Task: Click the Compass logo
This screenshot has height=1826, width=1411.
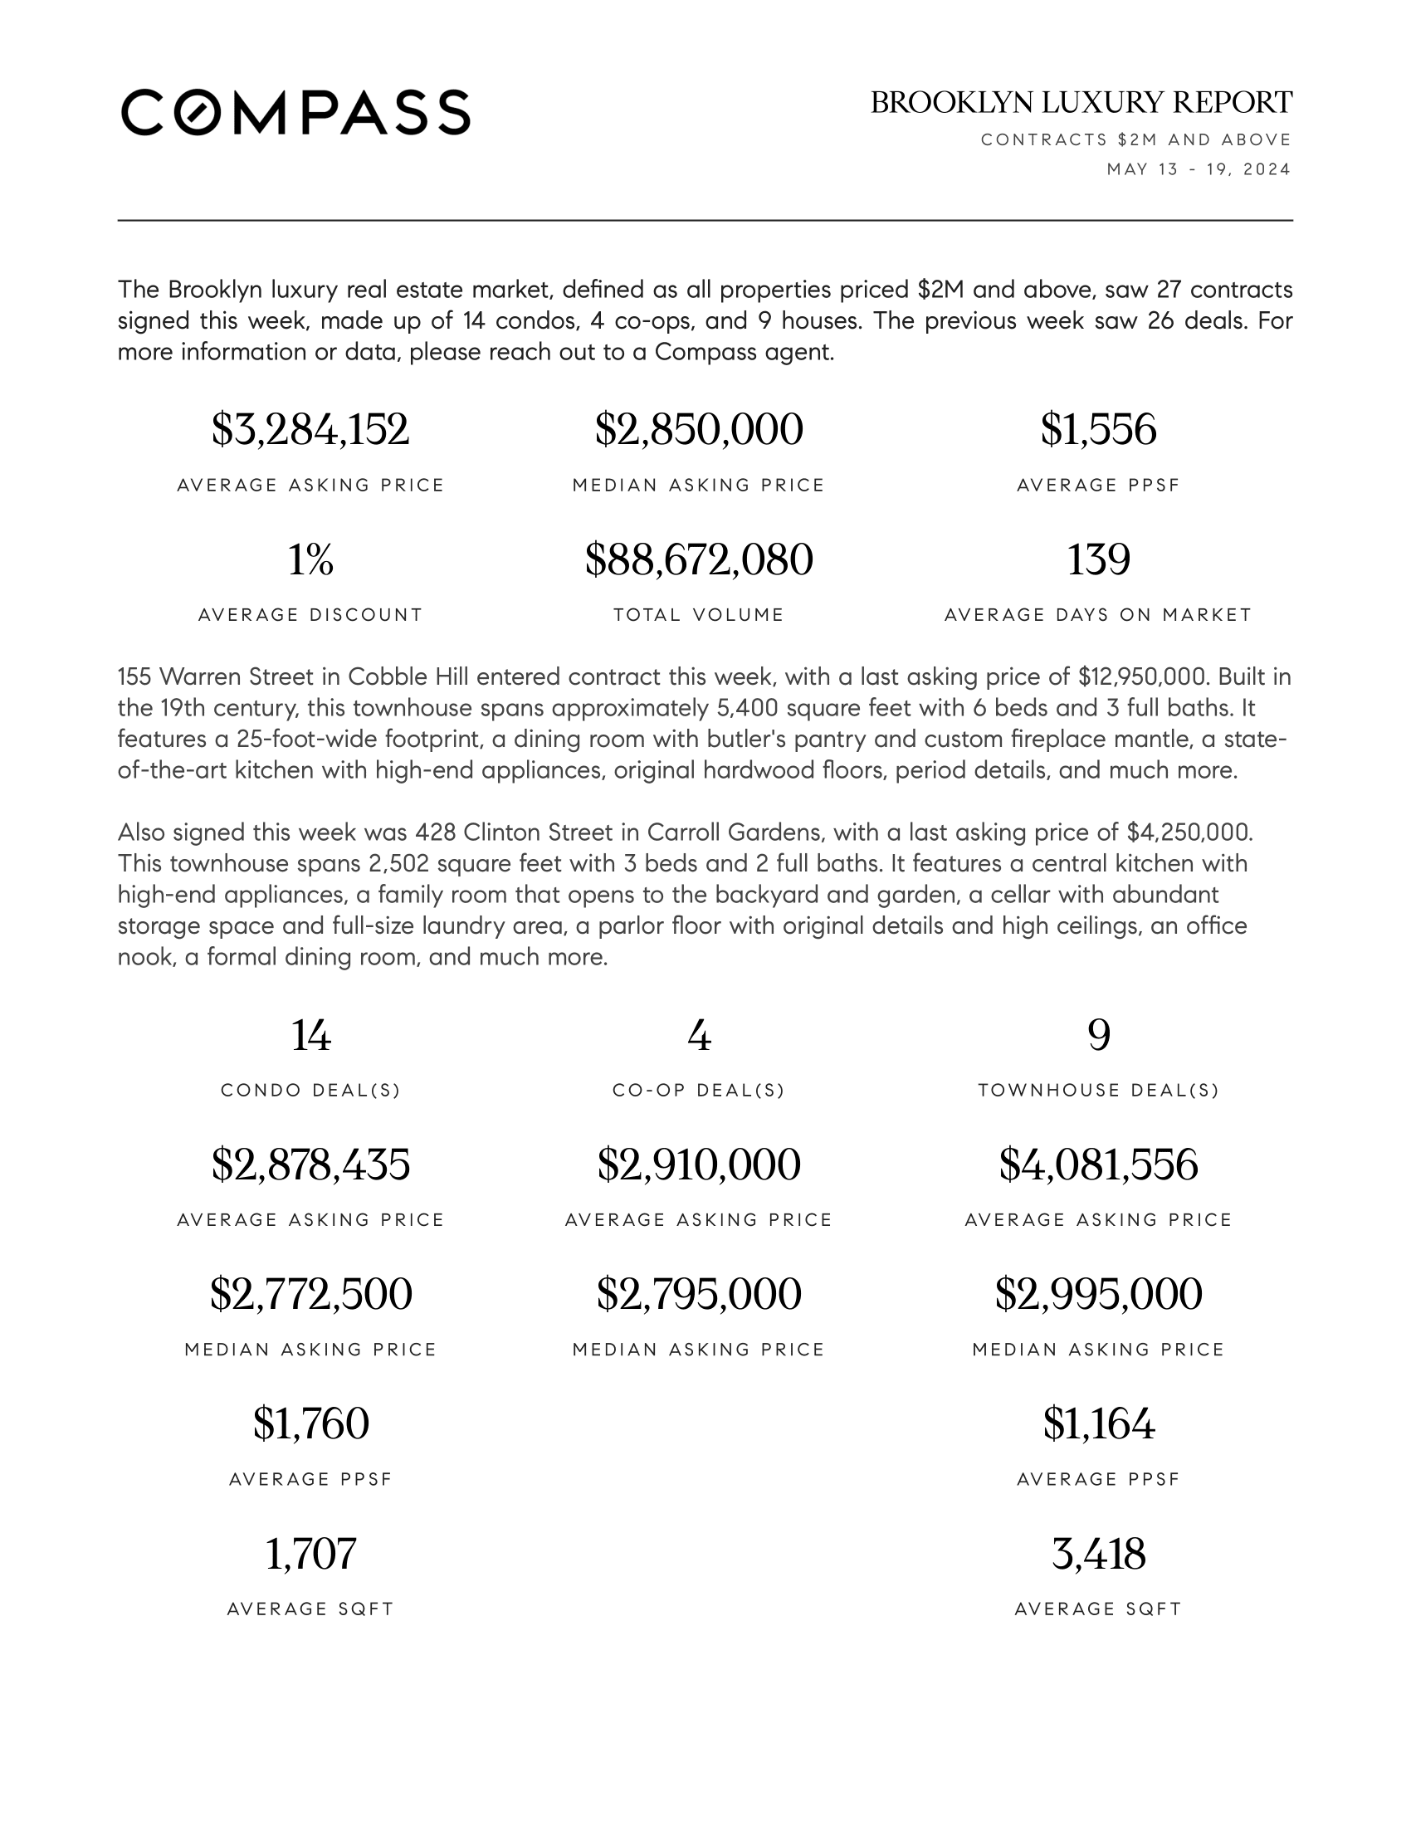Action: tap(296, 112)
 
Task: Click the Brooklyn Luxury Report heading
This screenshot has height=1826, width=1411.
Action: tap(1081, 103)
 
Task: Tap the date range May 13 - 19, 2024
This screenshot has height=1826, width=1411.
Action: tap(1199, 169)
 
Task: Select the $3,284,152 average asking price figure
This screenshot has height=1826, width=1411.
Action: tap(310, 430)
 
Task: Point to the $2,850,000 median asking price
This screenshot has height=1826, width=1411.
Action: tap(699, 430)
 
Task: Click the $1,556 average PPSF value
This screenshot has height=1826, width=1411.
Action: tap(1098, 430)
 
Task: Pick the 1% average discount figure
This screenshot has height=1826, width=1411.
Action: tap(310, 559)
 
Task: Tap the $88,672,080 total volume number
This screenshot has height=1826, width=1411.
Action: tap(699, 559)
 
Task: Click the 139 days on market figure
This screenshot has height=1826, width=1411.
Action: tap(1098, 559)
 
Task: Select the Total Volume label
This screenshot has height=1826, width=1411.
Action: tap(699, 615)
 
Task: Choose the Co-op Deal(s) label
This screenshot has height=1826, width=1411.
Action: tap(699, 1091)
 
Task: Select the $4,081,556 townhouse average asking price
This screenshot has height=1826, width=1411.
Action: tap(1098, 1164)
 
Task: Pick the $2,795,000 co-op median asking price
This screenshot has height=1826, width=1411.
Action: tap(699, 1294)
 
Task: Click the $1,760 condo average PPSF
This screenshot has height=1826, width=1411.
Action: tap(310, 1423)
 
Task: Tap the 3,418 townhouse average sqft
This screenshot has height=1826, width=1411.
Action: tap(1098, 1555)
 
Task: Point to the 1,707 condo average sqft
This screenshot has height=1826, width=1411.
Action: tap(310, 1555)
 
